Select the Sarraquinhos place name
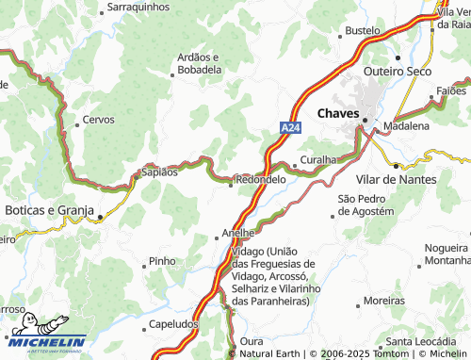(139, 6)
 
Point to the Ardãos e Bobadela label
(199, 63)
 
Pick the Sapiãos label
(158, 172)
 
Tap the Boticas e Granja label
(49, 209)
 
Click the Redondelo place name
(260, 179)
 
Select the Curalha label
(317, 160)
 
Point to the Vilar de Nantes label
(397, 179)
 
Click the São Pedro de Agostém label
(373, 205)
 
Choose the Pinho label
(162, 261)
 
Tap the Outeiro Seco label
(398, 71)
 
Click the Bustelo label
(362, 30)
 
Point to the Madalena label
(407, 125)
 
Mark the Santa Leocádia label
(426, 341)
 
